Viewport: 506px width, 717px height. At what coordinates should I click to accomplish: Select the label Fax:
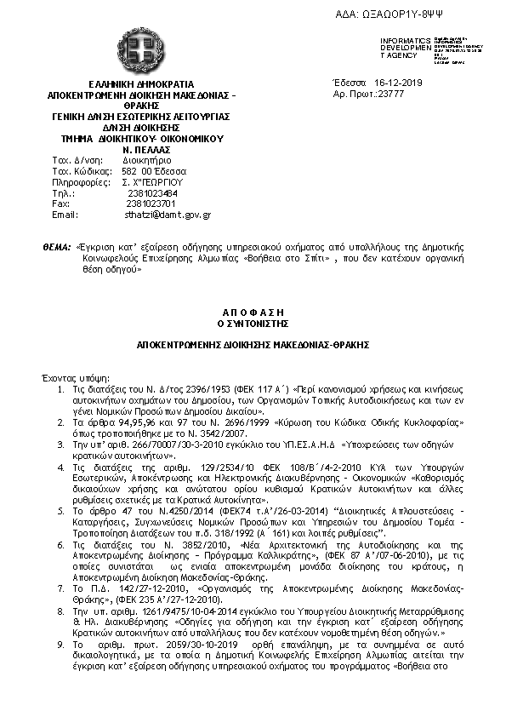[60, 204]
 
